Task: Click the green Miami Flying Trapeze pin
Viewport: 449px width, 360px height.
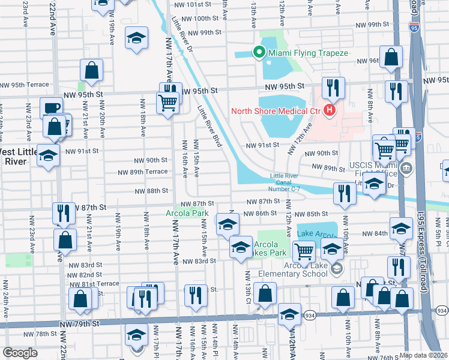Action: point(259,53)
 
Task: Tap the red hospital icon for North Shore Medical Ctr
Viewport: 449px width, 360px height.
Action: point(329,110)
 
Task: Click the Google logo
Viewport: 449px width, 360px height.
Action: point(20,353)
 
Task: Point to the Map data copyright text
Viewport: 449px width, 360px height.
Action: point(424,355)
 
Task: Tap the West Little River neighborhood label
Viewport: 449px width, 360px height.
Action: point(18,155)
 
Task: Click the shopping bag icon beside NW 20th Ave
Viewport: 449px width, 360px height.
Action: point(91,70)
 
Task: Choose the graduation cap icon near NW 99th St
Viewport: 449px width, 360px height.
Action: point(136,39)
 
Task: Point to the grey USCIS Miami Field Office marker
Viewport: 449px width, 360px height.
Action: point(408,167)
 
